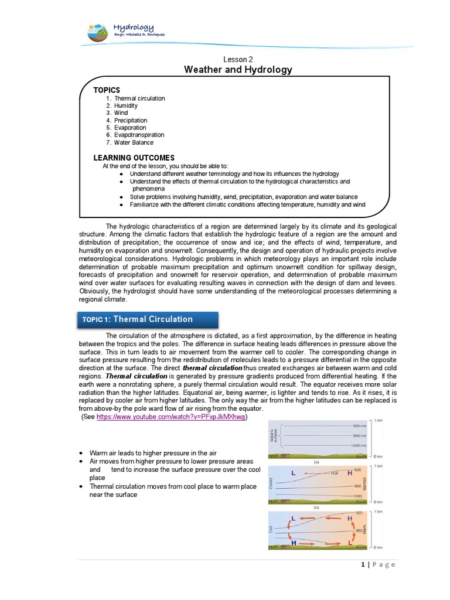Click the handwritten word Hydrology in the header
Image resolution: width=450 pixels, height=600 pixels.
tap(133, 27)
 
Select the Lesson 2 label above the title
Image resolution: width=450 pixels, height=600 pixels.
tap(238, 59)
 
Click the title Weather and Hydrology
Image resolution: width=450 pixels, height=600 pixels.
tap(238, 70)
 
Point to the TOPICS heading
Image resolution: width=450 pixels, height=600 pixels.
tap(107, 90)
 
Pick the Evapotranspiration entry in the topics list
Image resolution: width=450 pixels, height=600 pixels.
tap(139, 135)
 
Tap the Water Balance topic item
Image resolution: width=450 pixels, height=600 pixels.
tap(134, 142)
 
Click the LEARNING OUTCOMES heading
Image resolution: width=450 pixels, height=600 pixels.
tap(134, 158)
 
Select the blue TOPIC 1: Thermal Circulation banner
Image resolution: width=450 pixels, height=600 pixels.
tap(148, 319)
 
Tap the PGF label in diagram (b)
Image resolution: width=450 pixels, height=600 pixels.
tap(335, 473)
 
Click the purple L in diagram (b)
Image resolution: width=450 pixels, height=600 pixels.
tap(292, 472)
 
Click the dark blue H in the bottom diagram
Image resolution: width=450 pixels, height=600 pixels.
tap(293, 543)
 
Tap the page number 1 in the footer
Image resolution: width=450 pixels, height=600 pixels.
tap(363, 564)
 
